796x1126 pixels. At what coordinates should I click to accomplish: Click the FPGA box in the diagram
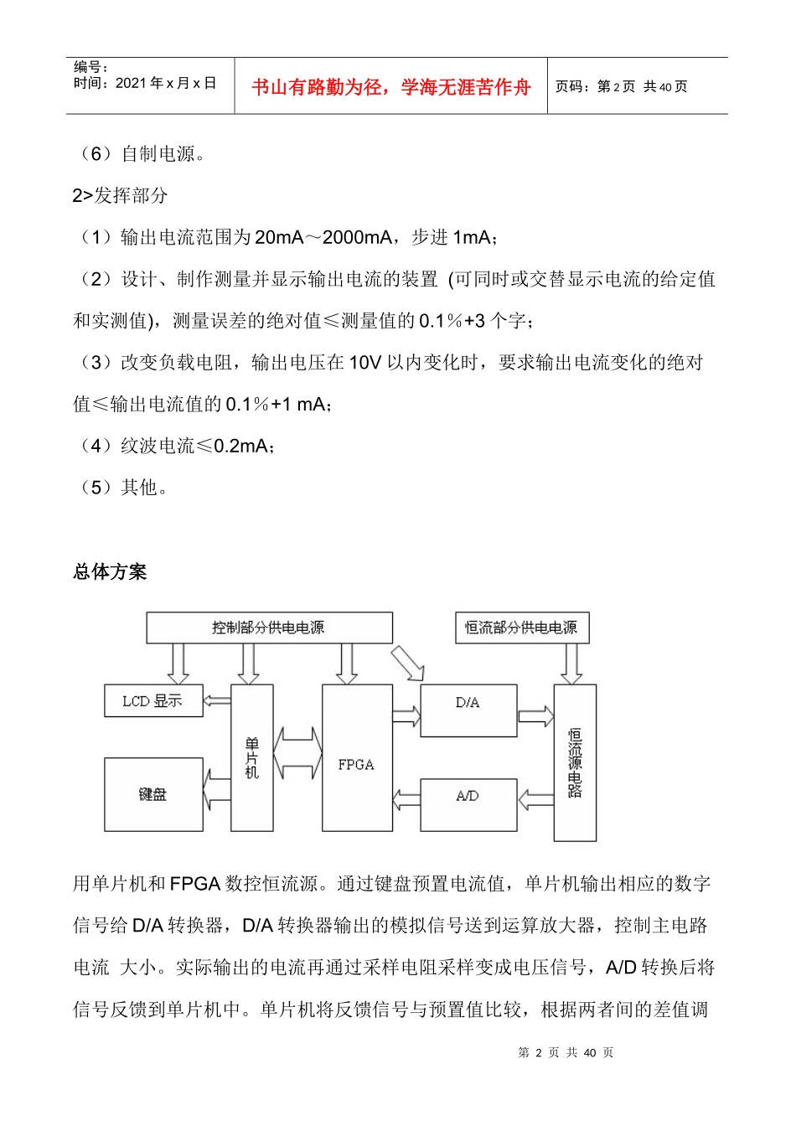357,757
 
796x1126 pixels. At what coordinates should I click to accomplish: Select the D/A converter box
468,710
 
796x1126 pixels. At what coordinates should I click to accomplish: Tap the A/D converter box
468,804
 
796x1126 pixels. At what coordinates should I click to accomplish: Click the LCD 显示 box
153,700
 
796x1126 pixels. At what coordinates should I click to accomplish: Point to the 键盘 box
153,794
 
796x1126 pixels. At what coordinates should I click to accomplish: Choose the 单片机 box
252,757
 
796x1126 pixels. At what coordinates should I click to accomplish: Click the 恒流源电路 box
575,762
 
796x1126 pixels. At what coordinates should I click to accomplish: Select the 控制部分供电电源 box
269,628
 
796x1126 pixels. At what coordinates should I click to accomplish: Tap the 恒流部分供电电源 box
521,628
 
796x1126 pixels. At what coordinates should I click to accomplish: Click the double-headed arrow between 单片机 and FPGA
298,752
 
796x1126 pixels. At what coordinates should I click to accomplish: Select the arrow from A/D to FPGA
406,800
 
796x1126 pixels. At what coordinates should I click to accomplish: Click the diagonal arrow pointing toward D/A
408,663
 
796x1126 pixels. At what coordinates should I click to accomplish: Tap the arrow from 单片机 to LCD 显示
217,700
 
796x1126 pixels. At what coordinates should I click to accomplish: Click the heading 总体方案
110,572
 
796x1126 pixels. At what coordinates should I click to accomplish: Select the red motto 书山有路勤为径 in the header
391,87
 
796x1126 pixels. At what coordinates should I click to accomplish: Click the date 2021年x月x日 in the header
166,83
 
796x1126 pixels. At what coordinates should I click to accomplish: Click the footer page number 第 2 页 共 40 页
566,1052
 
